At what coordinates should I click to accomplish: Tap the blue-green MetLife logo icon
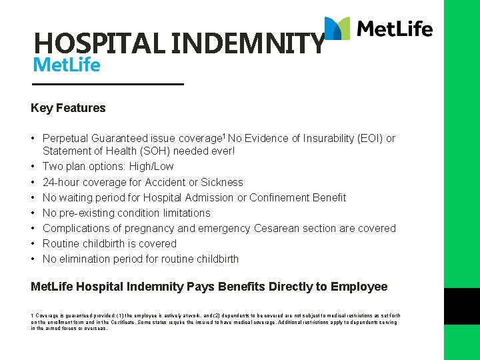337,29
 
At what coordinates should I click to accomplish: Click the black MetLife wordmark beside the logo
395,29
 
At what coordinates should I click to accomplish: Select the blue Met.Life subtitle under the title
67,66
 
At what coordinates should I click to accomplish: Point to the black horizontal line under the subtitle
107,85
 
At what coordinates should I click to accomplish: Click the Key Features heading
68,108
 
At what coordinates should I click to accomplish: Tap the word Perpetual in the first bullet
65,139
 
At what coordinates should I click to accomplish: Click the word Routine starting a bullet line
61,243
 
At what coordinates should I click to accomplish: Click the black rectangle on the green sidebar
462,306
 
